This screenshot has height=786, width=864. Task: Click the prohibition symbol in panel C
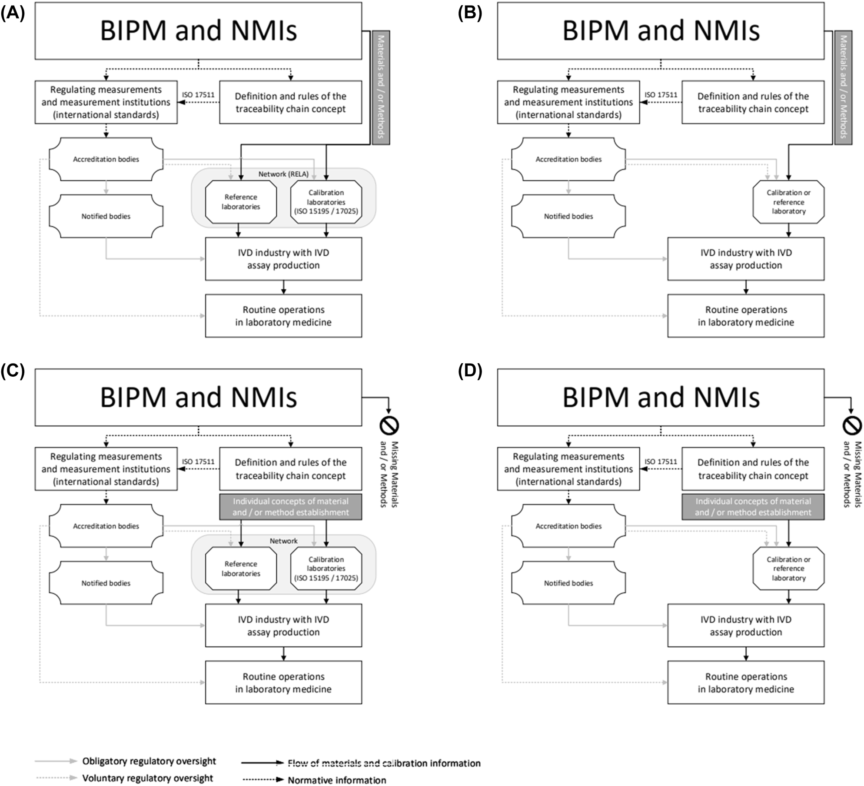click(389, 426)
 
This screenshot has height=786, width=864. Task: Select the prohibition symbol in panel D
click(851, 426)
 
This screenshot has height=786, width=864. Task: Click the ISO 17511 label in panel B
click(661, 95)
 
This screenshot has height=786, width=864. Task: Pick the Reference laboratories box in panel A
click(241, 202)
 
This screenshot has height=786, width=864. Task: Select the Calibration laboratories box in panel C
click(326, 569)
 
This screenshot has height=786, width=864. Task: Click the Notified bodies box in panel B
click(568, 216)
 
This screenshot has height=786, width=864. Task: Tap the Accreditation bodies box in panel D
click(568, 526)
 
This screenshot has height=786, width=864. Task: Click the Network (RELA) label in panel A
click(283, 174)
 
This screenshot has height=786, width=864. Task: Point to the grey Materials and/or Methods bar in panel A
click(381, 87)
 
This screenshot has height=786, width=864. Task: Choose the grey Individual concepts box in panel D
click(753, 507)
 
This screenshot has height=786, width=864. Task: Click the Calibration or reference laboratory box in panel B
click(788, 202)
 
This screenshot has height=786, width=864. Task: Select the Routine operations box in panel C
click(283, 682)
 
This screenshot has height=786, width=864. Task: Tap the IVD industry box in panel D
click(746, 625)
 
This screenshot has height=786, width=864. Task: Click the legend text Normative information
click(337, 780)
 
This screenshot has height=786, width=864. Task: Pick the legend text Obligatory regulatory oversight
click(149, 761)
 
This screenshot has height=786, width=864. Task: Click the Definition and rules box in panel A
click(290, 102)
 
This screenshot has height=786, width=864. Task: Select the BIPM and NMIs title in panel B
click(661, 30)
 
